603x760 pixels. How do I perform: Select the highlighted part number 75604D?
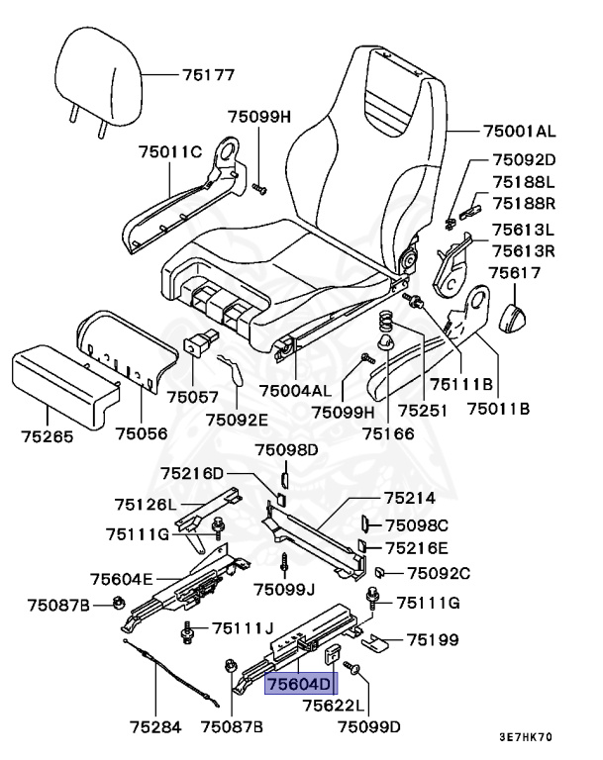click(300, 682)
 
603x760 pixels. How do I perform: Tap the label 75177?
click(207, 74)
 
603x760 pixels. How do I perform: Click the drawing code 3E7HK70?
click(526, 737)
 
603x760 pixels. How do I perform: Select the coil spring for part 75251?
click(387, 323)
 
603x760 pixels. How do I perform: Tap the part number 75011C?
click(169, 151)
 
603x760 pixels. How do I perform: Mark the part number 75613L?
click(525, 231)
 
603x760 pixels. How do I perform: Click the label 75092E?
click(237, 419)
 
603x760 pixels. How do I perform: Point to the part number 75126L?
click(145, 505)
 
